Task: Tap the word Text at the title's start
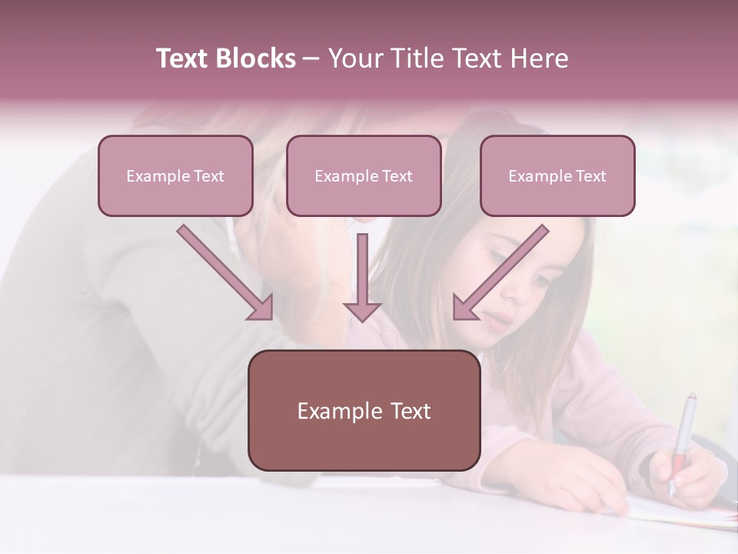click(x=182, y=58)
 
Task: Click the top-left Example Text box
click(x=175, y=175)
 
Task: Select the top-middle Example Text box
click(x=364, y=175)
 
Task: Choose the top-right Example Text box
click(x=557, y=175)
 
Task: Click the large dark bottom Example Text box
click(x=364, y=410)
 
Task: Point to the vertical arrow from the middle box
click(x=362, y=269)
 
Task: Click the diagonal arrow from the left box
click(x=223, y=269)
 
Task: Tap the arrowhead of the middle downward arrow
click(x=362, y=311)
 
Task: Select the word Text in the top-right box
click(x=591, y=176)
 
